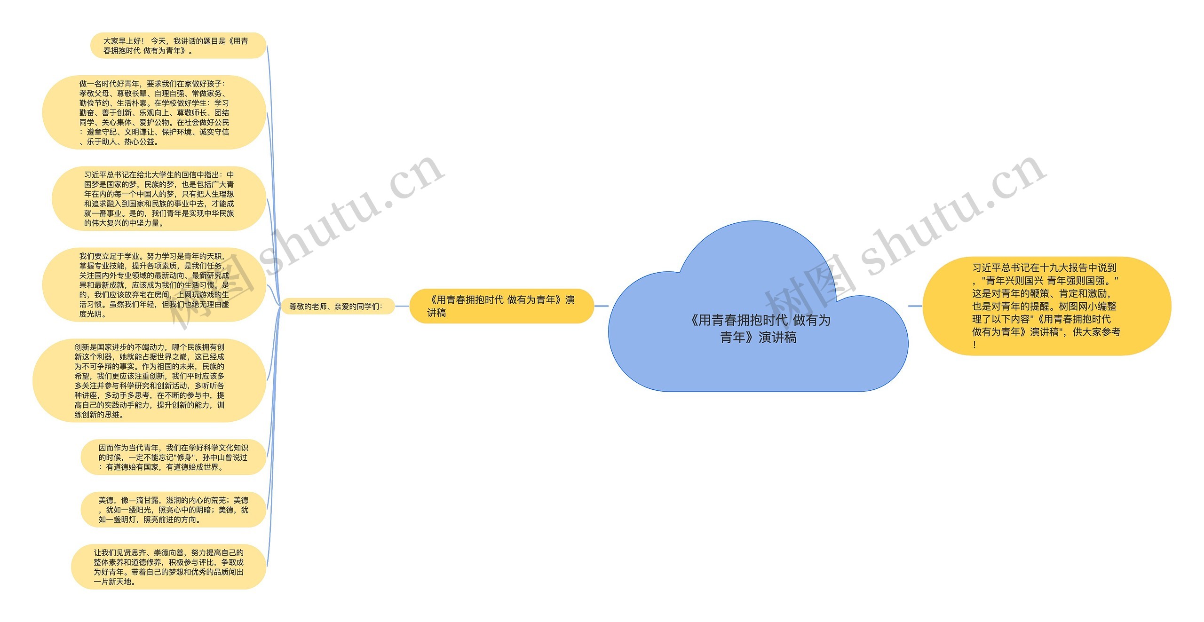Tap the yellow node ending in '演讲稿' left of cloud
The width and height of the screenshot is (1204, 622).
pos(501,306)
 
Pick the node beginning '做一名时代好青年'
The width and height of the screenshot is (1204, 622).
pos(154,112)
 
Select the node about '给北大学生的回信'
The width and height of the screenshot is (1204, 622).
pos(159,198)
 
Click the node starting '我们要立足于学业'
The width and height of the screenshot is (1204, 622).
pos(154,285)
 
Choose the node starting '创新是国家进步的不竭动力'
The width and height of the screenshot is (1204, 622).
pos(150,381)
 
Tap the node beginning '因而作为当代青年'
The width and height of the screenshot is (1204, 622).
pos(173,457)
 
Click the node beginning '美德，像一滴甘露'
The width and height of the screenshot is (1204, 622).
pos(173,510)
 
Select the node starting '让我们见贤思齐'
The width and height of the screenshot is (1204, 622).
pos(168,567)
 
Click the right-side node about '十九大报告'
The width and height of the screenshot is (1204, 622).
pos(1046,306)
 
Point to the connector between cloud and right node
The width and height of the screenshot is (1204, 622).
pos(915,306)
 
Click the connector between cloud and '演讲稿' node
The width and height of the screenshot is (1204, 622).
pos(601,306)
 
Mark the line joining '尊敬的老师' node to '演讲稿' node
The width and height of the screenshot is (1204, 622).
pos(402,306)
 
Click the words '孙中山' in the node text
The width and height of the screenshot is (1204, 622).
pos(214,457)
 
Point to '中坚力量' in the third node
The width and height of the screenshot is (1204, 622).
pos(144,223)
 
